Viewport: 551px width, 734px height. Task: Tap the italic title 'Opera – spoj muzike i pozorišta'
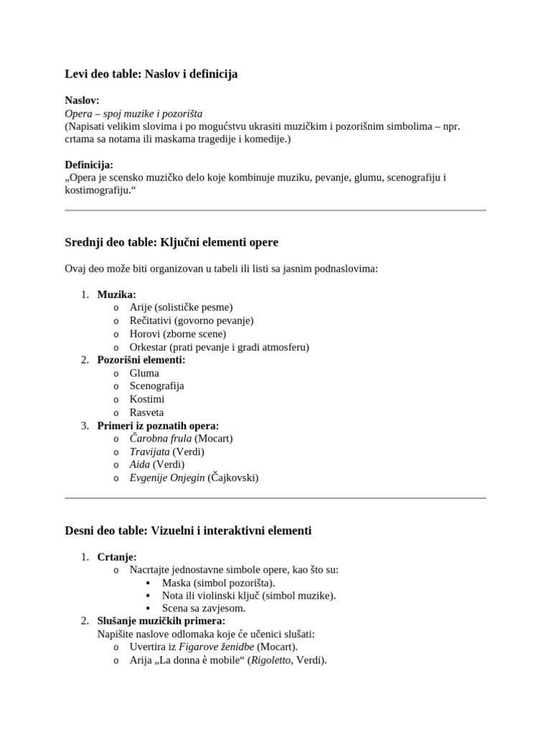tap(133, 114)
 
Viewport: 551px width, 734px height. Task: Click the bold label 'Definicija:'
tap(89, 165)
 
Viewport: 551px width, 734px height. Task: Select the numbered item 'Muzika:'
tap(116, 295)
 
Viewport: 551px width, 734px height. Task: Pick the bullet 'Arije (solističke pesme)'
tap(181, 308)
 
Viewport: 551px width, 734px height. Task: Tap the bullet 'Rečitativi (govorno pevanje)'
tap(192, 320)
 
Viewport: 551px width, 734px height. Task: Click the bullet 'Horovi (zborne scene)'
tap(177, 334)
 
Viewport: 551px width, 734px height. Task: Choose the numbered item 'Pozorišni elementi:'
tap(141, 360)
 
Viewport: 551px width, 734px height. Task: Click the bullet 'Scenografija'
tap(156, 386)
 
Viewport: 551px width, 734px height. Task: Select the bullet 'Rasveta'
tap(146, 412)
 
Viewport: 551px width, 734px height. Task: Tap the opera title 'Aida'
tap(139, 464)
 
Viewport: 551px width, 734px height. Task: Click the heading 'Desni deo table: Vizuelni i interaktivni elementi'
tap(188, 530)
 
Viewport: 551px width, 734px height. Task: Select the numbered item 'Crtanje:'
tap(116, 557)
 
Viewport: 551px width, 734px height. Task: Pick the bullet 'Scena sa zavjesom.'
tap(204, 608)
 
